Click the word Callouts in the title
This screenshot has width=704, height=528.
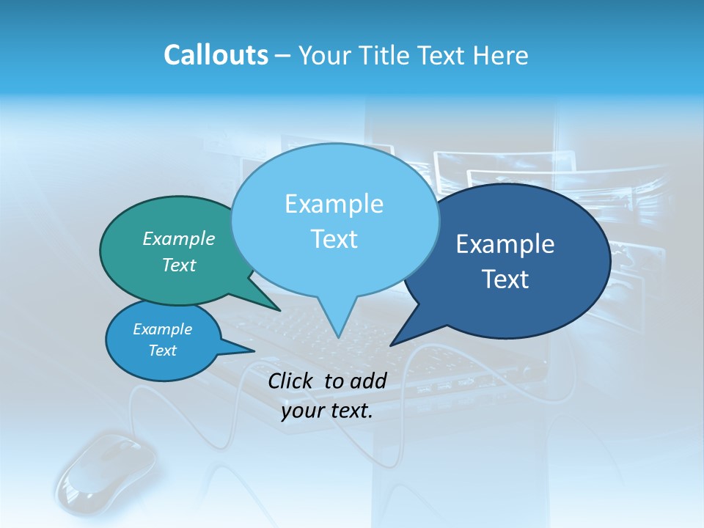point(216,55)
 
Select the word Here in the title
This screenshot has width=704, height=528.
point(501,55)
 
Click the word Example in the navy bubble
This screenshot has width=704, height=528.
point(505,244)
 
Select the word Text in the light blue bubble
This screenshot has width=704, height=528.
point(334,239)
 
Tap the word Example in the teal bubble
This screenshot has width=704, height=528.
point(179,238)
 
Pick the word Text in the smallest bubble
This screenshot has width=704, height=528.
point(163,351)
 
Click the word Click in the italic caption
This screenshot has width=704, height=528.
point(291,381)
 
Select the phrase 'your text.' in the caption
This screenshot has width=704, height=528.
point(327,411)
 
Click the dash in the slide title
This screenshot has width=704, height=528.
point(284,56)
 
